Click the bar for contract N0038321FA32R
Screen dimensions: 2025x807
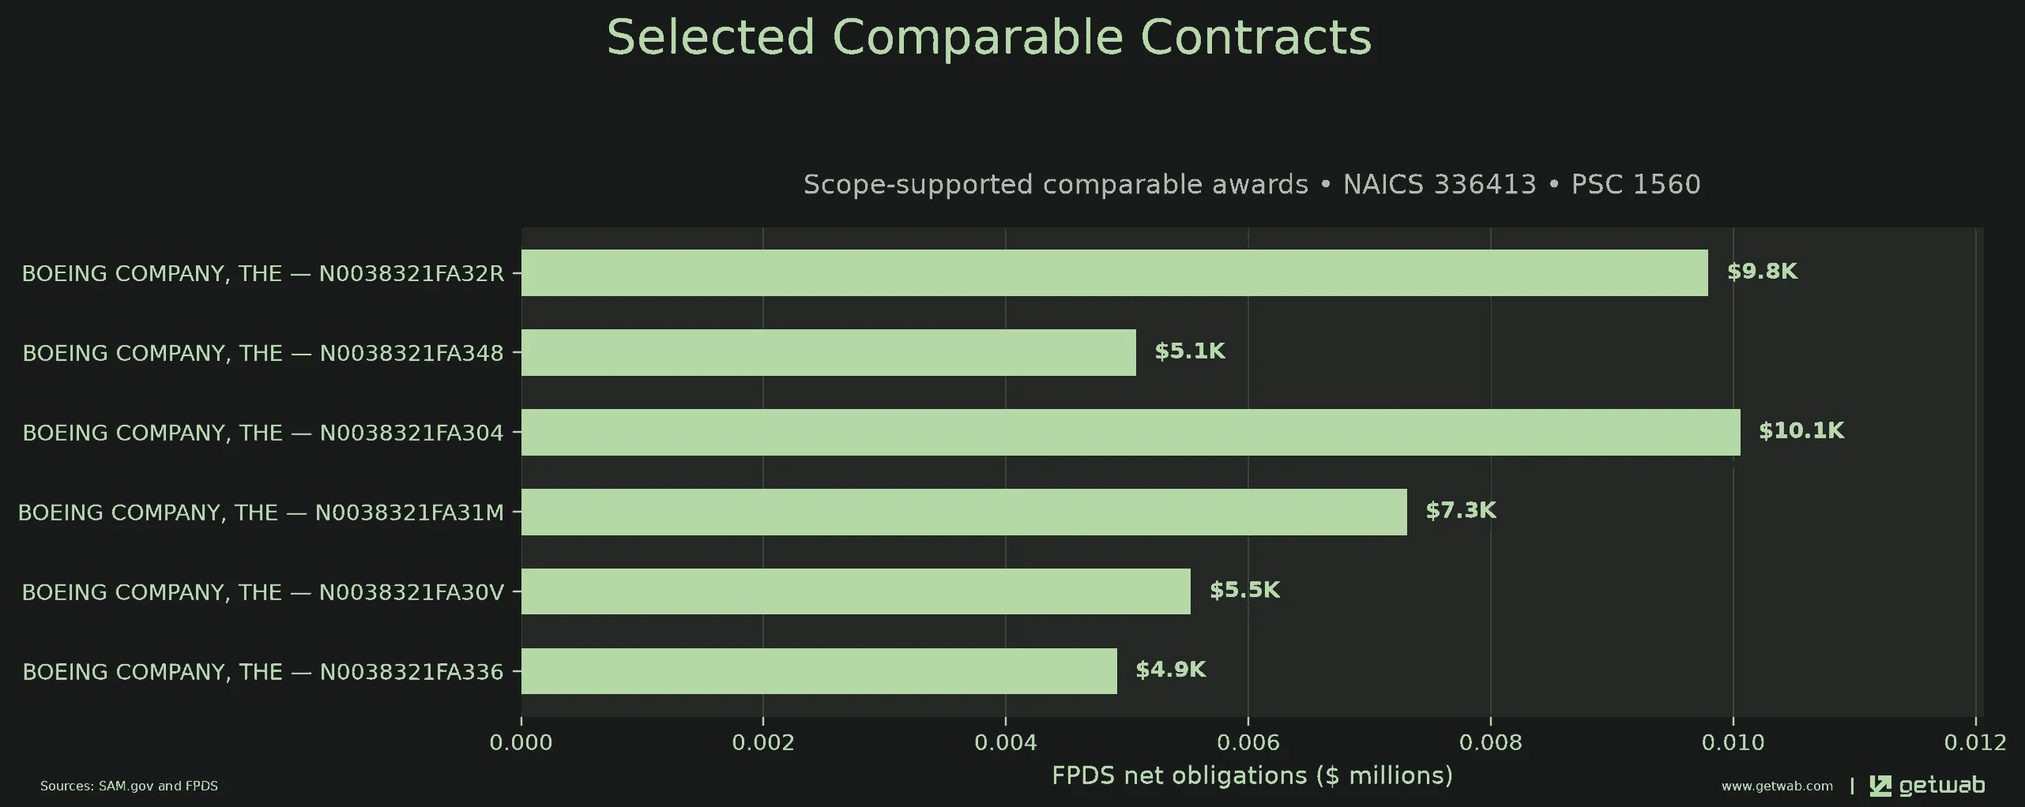(x=1114, y=273)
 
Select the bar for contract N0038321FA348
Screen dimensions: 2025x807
(x=829, y=353)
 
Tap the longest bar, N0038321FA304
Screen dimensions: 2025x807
(x=1131, y=433)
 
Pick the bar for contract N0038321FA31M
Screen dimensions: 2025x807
(x=964, y=512)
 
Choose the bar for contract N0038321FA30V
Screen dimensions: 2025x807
(x=856, y=591)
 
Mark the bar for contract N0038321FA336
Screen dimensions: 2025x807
(x=819, y=671)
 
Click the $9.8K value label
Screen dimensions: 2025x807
(x=1762, y=272)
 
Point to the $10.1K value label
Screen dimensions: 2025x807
(x=1801, y=430)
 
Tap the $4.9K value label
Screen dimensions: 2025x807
(x=1171, y=670)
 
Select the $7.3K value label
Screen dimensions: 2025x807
(x=1461, y=510)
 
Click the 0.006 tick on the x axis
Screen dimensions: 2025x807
(x=1248, y=743)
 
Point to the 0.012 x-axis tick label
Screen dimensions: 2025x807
(x=1976, y=743)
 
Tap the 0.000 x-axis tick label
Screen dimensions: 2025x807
(x=521, y=743)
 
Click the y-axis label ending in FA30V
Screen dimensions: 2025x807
(x=262, y=592)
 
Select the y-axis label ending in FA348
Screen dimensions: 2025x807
(x=263, y=353)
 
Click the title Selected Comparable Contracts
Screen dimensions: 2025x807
(x=989, y=37)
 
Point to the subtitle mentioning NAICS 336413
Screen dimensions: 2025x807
(x=1252, y=184)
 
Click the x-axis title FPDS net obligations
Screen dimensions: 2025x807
(x=1252, y=776)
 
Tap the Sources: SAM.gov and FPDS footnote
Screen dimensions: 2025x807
(x=129, y=786)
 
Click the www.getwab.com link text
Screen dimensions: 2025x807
(x=1777, y=786)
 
